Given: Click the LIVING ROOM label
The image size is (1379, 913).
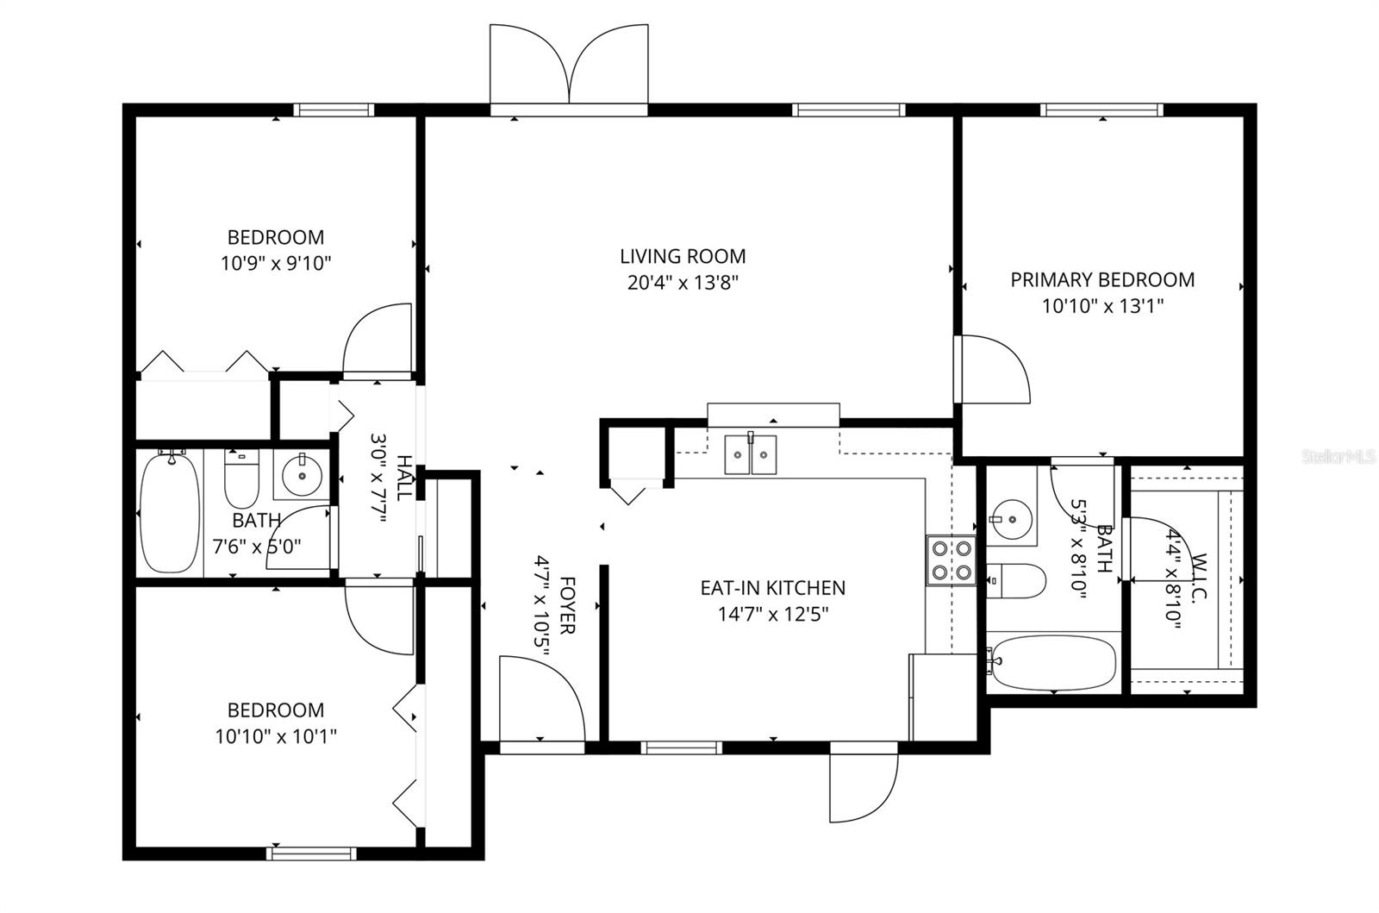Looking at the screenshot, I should coord(683,256).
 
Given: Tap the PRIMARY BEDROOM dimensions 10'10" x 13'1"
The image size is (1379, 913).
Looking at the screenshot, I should coord(1102,305).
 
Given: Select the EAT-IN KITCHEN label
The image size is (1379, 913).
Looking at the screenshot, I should coord(772,588).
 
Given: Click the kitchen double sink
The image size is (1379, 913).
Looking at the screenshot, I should coord(750,453).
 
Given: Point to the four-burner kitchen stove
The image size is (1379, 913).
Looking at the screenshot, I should coord(951,560).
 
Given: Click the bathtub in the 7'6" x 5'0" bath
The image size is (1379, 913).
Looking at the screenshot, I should coord(170,513).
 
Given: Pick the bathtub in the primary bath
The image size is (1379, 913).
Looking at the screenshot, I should coord(1051,662).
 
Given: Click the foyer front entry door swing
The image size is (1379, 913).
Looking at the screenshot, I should coord(541,698).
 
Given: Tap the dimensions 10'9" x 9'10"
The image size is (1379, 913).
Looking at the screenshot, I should coord(276,263).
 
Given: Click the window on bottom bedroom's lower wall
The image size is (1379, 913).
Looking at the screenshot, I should coord(310,854).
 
